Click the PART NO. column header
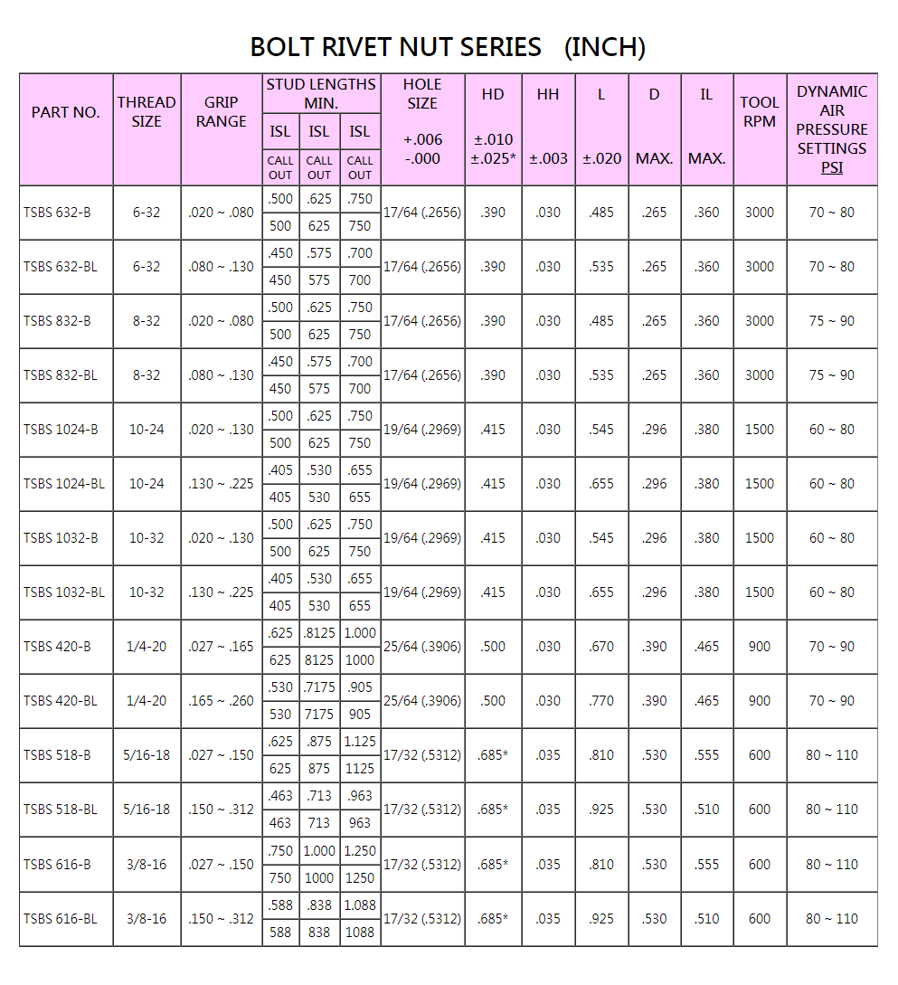(x=65, y=112)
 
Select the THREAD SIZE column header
(x=147, y=112)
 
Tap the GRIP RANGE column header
(x=221, y=112)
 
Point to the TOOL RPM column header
(x=760, y=112)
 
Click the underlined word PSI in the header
(x=832, y=167)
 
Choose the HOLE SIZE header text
(x=422, y=94)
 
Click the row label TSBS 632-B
(x=57, y=213)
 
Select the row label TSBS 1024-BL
(x=64, y=484)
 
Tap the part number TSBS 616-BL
(x=61, y=919)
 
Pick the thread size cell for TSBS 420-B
(x=147, y=647)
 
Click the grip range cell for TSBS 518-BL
(x=221, y=810)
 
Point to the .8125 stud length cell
(x=319, y=633)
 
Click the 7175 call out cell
(x=319, y=715)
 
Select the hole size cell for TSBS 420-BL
(x=422, y=701)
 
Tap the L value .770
(x=601, y=701)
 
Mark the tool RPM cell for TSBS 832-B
(x=760, y=321)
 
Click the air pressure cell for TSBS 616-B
(x=832, y=865)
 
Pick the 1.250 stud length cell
(x=360, y=851)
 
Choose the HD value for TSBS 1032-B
(x=493, y=538)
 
